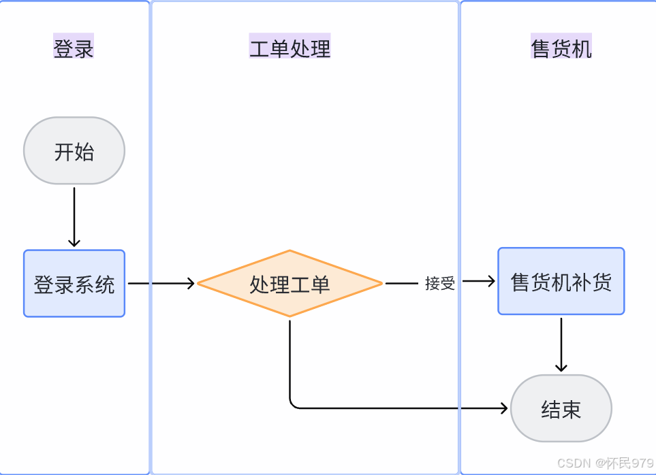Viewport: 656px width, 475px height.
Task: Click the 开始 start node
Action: point(74,150)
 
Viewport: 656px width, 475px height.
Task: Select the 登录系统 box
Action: point(74,283)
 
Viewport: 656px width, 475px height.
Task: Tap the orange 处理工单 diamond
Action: point(290,283)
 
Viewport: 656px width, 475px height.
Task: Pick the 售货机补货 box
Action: point(561,281)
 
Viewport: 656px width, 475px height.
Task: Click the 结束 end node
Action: point(561,408)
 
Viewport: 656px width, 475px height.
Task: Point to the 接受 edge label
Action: point(439,283)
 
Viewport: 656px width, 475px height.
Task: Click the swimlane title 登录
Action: point(74,49)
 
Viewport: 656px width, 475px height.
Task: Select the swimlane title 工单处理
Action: point(290,49)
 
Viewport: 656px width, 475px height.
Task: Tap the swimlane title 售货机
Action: point(561,49)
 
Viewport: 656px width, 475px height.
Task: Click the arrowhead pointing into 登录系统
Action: point(74,242)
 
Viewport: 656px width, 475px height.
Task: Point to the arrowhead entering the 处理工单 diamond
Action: point(191,283)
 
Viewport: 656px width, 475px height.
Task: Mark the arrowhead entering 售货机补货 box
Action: point(490,281)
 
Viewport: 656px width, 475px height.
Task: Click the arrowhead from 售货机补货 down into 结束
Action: point(561,367)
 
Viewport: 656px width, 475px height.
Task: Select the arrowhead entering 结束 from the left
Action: point(504,408)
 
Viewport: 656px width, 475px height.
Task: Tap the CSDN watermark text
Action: point(605,463)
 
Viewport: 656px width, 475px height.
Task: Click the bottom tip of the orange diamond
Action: point(290,316)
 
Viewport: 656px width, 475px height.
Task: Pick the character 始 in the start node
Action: point(84,151)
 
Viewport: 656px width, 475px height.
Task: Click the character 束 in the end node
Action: point(571,409)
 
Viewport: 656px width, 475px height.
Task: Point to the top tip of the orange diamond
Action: point(290,251)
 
